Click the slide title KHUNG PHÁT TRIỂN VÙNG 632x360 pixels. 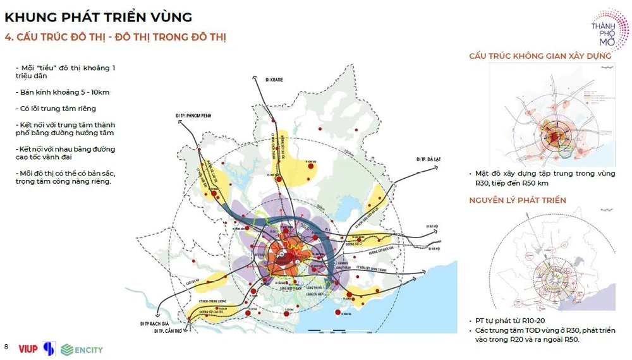click(98, 16)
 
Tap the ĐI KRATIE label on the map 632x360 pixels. click(274, 80)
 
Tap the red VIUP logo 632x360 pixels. click(28, 349)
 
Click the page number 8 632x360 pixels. click(6, 347)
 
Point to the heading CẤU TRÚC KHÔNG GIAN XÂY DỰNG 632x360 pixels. click(540, 56)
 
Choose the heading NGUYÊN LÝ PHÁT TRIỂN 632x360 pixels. click(517, 200)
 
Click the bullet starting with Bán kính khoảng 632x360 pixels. click(63, 92)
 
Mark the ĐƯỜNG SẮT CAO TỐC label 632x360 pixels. click(214, 311)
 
